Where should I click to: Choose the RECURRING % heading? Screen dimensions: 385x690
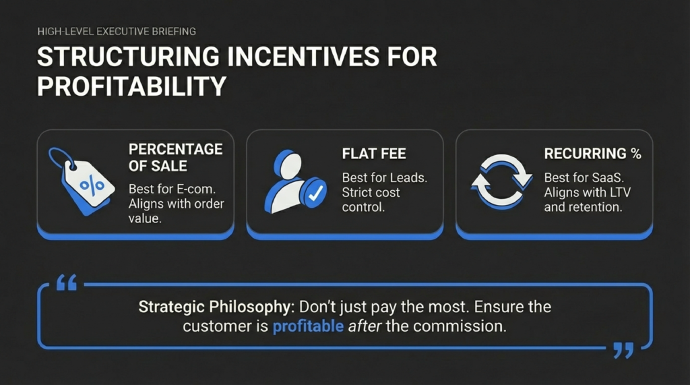coord(592,154)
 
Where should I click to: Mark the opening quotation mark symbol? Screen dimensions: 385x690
coord(66,283)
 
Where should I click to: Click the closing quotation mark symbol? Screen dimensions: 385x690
coord(624,350)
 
